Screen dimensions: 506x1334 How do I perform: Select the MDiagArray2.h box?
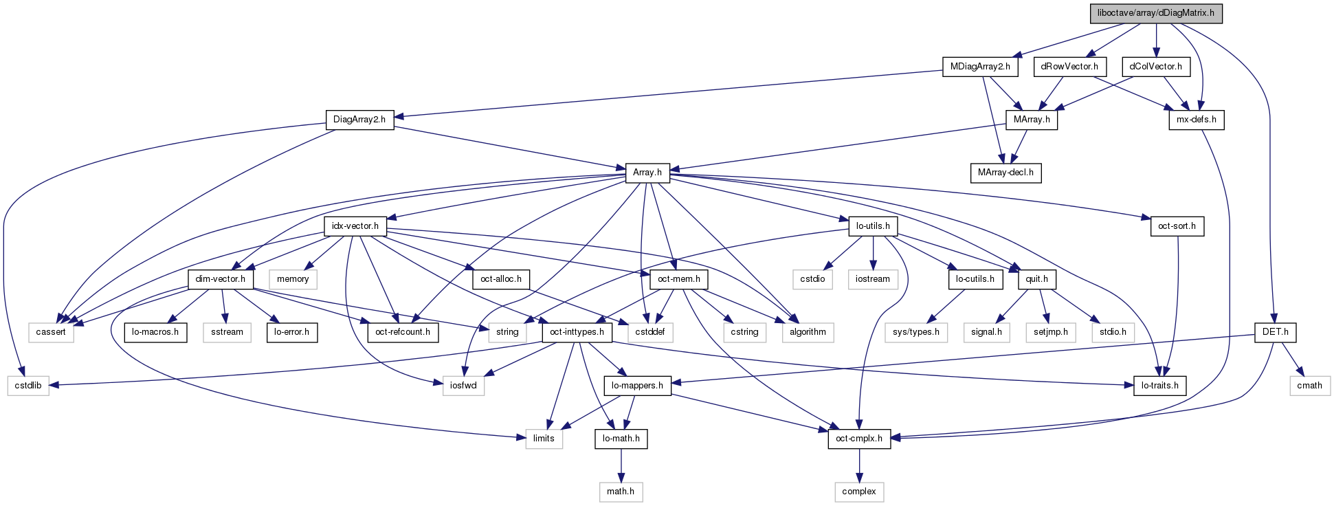[980, 67]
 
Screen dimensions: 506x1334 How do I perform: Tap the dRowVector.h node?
[1069, 67]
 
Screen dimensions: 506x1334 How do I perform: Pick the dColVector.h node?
[1156, 67]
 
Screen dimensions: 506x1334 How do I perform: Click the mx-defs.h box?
[1197, 120]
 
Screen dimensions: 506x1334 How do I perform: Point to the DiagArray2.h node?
[359, 120]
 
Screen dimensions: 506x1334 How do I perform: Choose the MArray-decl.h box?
[1005, 173]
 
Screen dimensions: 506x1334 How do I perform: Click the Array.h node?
[647, 173]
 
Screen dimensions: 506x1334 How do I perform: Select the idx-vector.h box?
[355, 225]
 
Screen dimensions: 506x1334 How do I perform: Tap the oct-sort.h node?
[1177, 225]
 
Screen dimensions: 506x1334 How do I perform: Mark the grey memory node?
[293, 279]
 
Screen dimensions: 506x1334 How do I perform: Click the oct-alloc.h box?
[501, 279]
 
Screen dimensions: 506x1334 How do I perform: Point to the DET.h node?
[1275, 332]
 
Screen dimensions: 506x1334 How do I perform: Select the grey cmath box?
[1309, 386]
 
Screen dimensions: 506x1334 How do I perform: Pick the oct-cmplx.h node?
[859, 439]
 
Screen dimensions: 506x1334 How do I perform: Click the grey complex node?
[859, 492]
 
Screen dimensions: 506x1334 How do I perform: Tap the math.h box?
[621, 492]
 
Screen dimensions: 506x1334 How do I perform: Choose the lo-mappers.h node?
[638, 386]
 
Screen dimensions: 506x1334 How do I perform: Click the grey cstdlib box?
[28, 386]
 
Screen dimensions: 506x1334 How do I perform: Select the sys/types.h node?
[916, 332]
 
